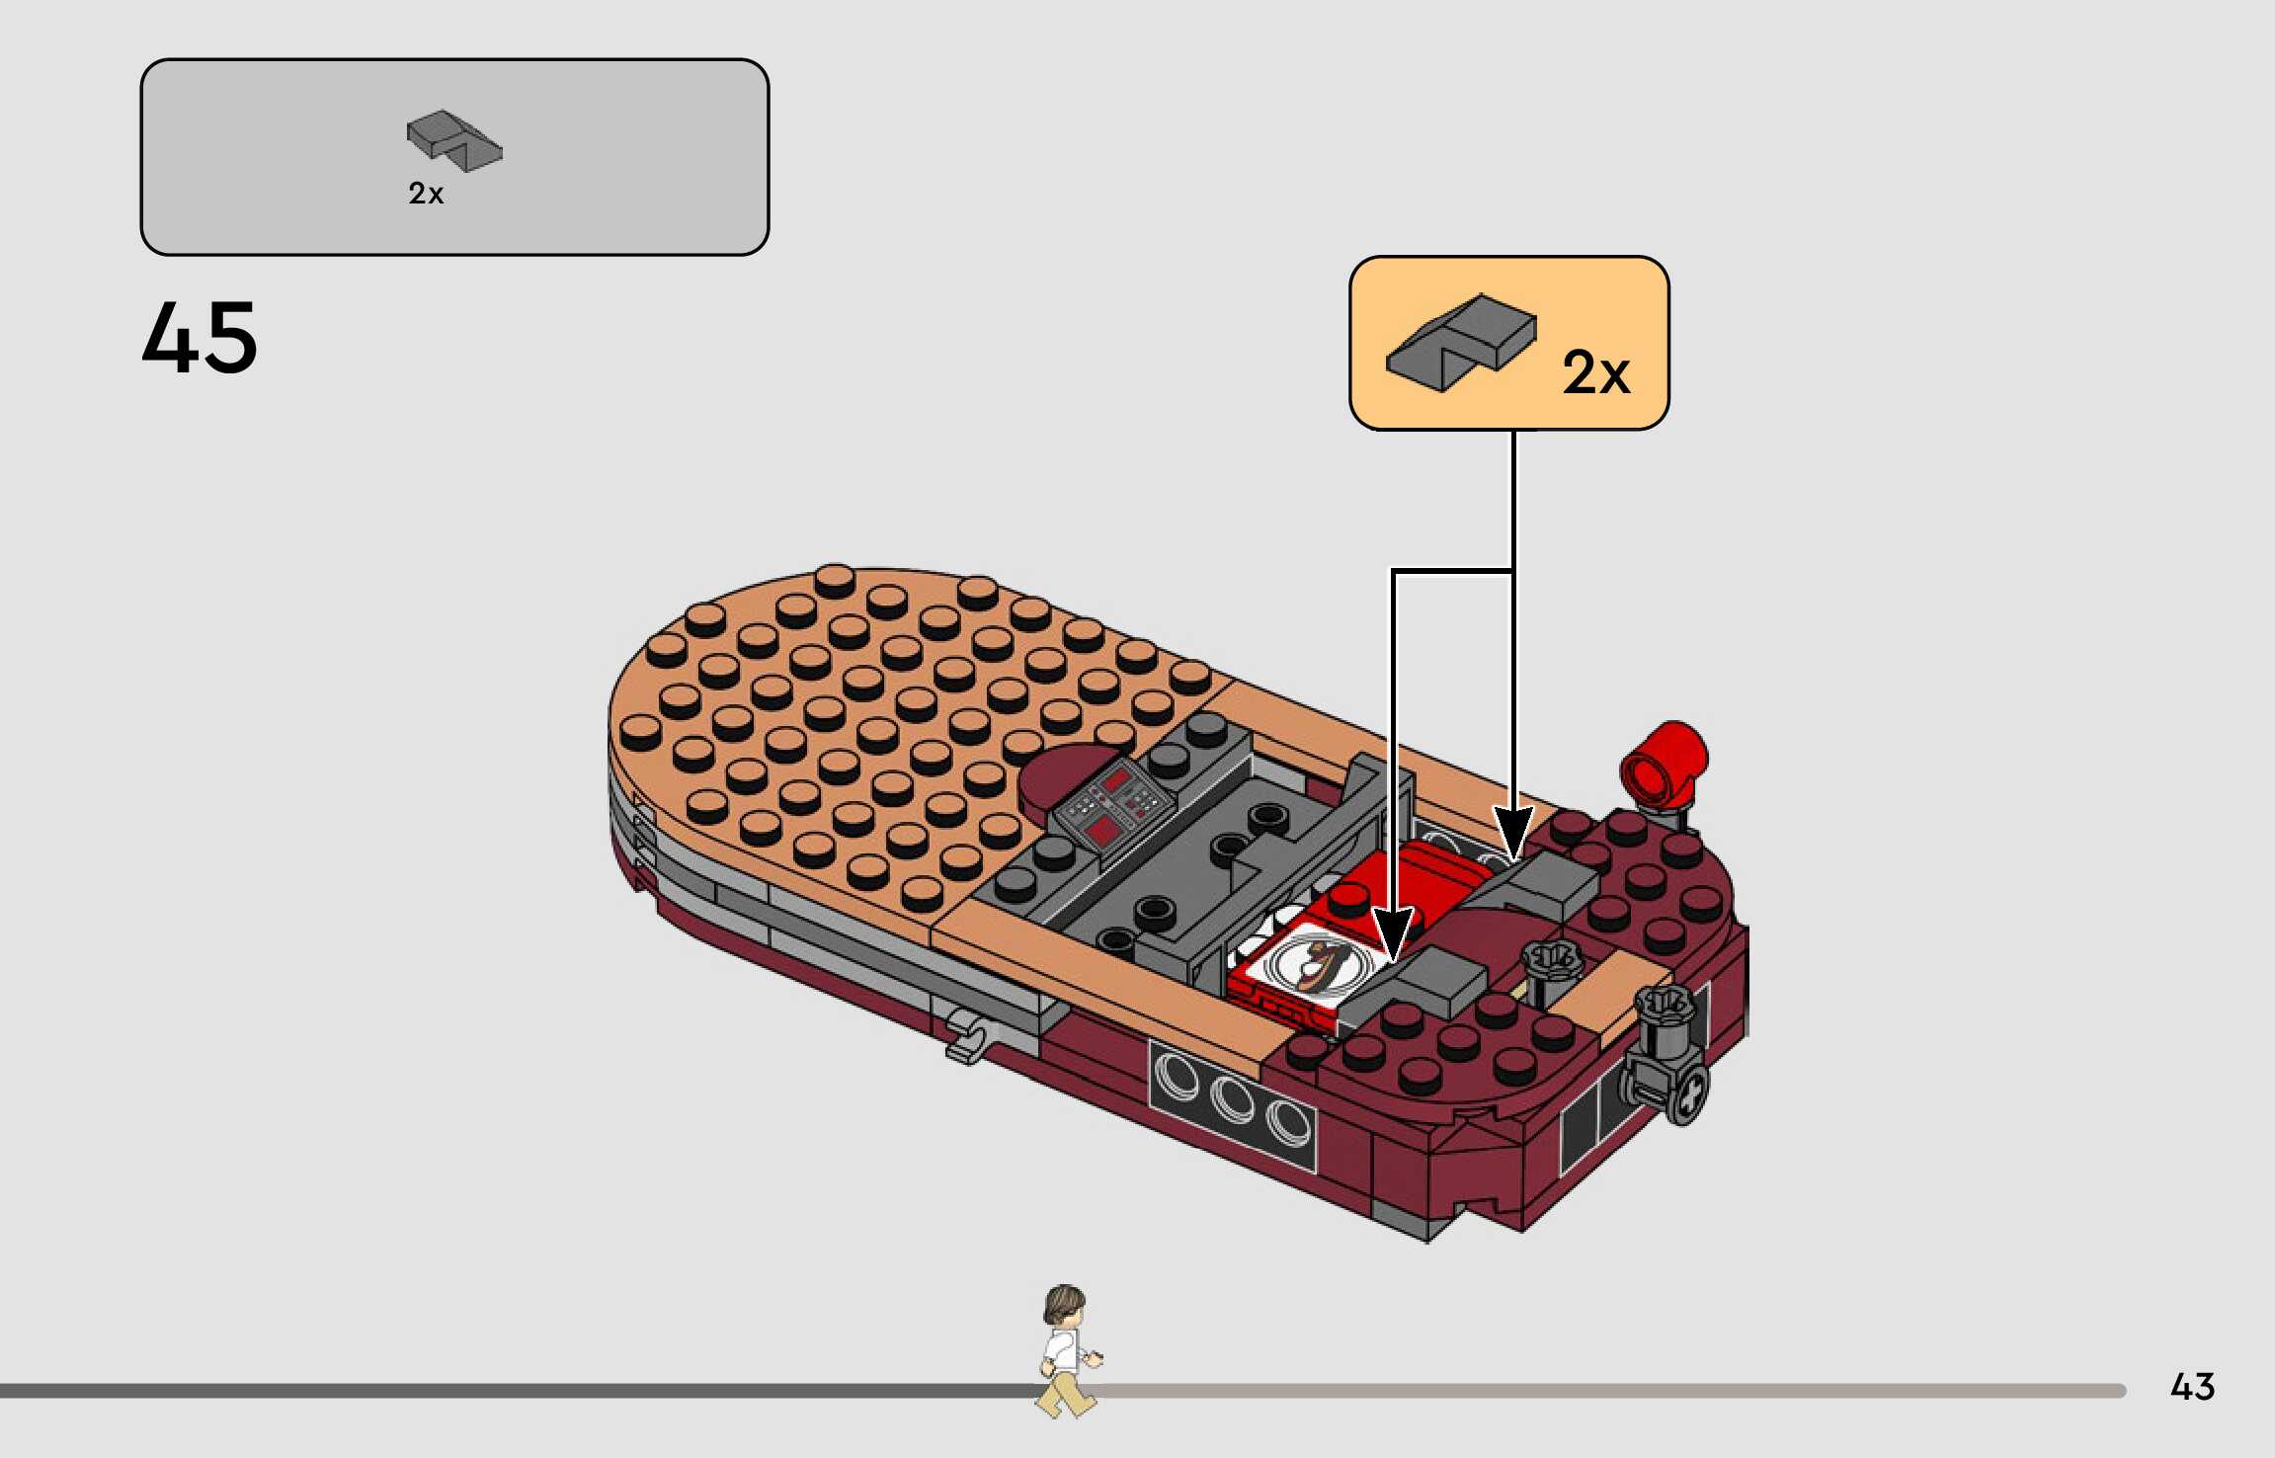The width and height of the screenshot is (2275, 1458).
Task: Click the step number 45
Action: pos(200,339)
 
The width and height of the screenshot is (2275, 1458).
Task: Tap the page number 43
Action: pos(2192,1387)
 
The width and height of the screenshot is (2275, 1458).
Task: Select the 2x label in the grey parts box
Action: pos(426,194)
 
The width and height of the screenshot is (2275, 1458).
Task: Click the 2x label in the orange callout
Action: pos(1595,373)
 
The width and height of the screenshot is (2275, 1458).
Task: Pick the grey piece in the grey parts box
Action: pos(453,140)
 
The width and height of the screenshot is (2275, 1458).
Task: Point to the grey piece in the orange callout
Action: pos(1461,341)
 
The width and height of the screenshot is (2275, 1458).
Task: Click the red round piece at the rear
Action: pos(1665,763)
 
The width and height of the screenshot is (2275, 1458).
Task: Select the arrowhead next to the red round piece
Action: pos(1512,832)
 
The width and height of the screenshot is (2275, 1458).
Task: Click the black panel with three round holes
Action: pos(1232,1100)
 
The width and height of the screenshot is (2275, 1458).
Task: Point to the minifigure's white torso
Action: pos(1063,1351)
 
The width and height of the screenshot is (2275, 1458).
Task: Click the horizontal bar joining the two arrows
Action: pos(1452,571)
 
